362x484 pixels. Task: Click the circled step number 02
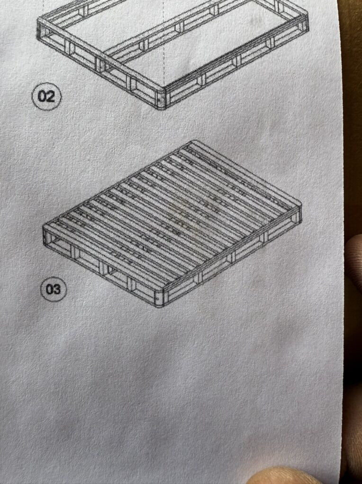tap(47, 97)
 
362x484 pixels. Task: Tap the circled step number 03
tap(54, 289)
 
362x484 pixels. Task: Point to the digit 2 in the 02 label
tap(51, 97)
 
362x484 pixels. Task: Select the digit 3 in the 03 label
tap(57, 290)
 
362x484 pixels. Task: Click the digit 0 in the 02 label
tap(42, 97)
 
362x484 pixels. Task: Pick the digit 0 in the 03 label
tap(50, 290)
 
